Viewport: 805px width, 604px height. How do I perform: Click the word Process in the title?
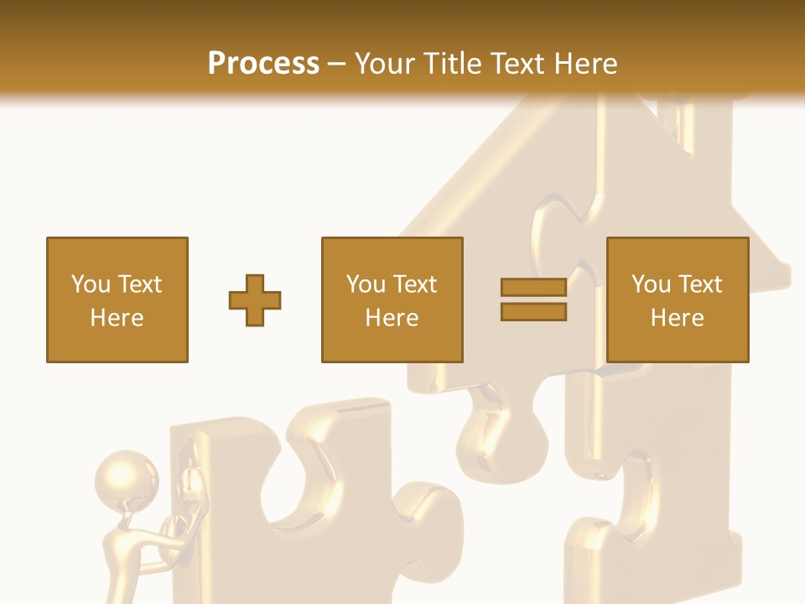click(x=263, y=64)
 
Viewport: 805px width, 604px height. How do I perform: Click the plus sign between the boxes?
click(x=255, y=300)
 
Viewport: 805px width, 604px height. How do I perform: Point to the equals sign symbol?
click(x=533, y=299)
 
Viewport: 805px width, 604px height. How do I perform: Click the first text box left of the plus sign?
click(x=117, y=299)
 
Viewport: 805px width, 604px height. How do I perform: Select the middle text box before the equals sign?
click(x=392, y=299)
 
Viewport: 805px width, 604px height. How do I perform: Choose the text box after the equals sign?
click(x=677, y=299)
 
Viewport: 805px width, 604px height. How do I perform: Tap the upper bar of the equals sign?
click(x=533, y=288)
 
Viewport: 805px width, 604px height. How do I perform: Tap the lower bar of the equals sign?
click(x=533, y=312)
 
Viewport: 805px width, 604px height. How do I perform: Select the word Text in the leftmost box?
click(x=139, y=284)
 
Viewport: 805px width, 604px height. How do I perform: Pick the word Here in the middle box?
click(x=392, y=318)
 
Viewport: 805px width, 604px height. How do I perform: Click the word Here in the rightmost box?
click(x=677, y=318)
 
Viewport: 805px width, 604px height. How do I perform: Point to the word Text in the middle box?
click(x=414, y=284)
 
